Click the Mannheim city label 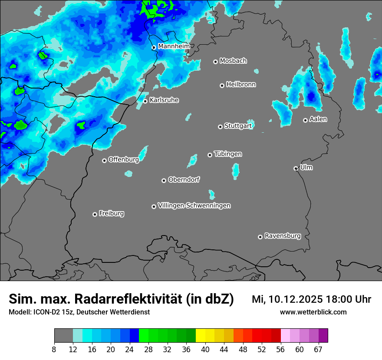click(x=174, y=46)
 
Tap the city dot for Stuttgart click(x=220, y=127)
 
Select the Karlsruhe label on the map click(x=164, y=100)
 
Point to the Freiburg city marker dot click(x=95, y=214)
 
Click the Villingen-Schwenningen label click(x=194, y=206)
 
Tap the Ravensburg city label click(x=283, y=236)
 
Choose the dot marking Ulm click(x=296, y=168)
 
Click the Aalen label click(x=318, y=119)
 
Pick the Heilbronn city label click(x=241, y=85)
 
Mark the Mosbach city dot click(x=215, y=62)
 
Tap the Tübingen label click(x=228, y=154)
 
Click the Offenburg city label click(x=124, y=160)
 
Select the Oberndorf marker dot click(x=164, y=180)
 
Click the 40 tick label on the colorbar click(x=205, y=349)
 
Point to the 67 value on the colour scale click(x=318, y=349)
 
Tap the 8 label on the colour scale click(x=54, y=349)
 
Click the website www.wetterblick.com click(x=313, y=312)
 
